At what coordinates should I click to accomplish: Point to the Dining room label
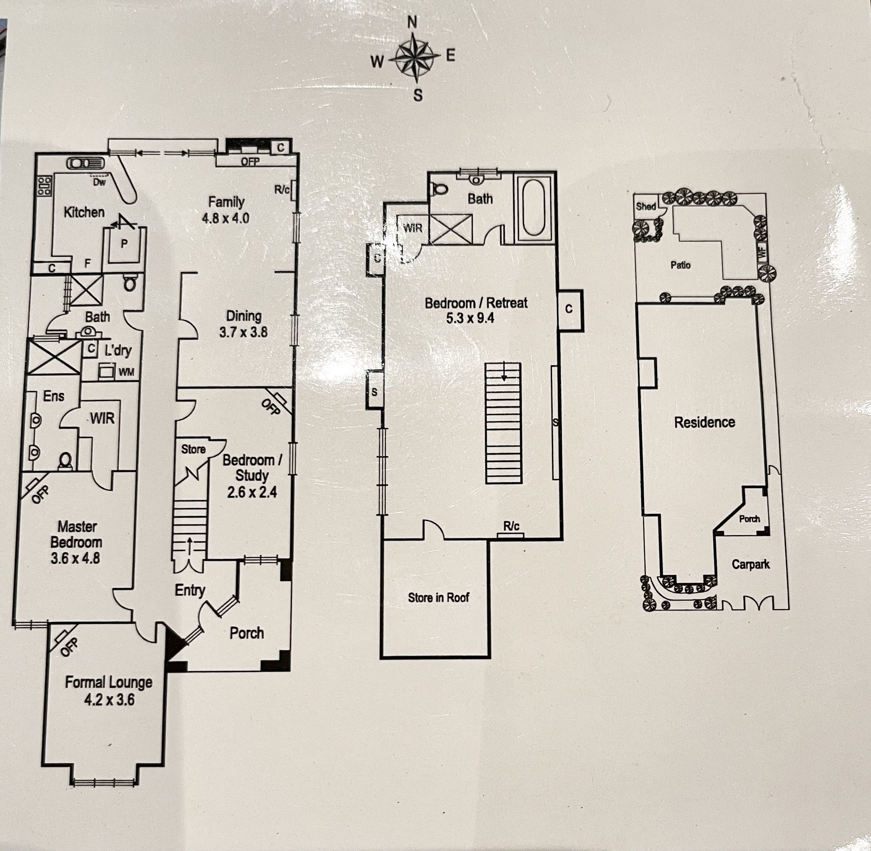tap(243, 316)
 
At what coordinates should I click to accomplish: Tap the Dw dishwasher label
tap(99, 182)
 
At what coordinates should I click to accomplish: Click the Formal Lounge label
tap(109, 682)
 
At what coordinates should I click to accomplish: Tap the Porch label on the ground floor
tap(247, 633)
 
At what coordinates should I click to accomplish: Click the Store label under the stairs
tap(194, 449)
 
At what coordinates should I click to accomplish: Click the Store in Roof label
tap(438, 597)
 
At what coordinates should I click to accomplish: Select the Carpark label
tap(751, 564)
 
